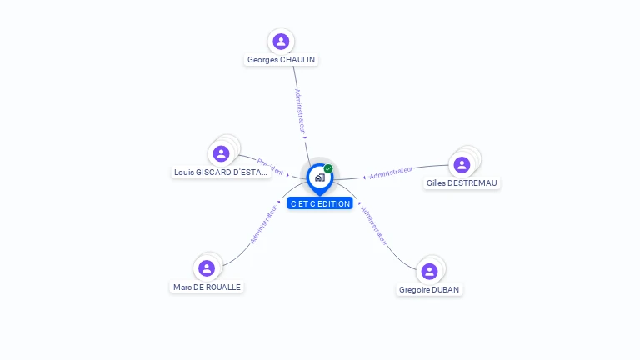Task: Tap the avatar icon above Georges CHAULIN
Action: (x=281, y=41)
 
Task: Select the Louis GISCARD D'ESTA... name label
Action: (x=221, y=172)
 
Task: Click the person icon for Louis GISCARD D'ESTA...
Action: (x=221, y=153)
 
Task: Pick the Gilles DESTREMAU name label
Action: (x=462, y=183)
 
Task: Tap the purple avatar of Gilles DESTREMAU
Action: (x=462, y=165)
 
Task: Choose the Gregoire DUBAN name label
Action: (x=429, y=290)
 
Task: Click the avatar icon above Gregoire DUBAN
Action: (x=429, y=271)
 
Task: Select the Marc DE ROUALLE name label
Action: (x=207, y=287)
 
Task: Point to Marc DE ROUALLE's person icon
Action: (x=207, y=268)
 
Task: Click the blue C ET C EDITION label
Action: (x=321, y=203)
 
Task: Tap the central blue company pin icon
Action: (x=319, y=177)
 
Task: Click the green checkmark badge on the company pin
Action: (x=328, y=168)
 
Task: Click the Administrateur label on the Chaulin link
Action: (x=301, y=110)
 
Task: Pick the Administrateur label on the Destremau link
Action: (x=392, y=172)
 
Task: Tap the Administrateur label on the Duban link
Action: (x=374, y=225)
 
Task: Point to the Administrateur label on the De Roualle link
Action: (x=263, y=223)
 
